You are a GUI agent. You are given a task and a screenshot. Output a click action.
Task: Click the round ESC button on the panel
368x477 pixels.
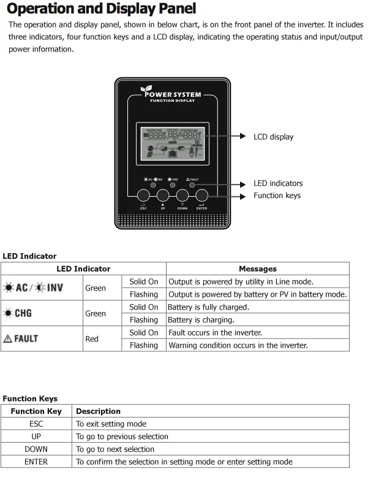coord(143,195)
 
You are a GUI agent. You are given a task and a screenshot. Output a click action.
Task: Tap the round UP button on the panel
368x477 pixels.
coord(163,195)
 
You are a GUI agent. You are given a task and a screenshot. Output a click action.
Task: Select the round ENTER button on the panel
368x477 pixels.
coord(202,195)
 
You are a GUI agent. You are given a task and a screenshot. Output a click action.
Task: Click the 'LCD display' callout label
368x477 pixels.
coord(273,137)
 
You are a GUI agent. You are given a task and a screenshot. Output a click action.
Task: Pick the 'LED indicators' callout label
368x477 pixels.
coord(278,183)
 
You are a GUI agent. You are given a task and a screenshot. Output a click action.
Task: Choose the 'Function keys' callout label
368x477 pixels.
coord(277,196)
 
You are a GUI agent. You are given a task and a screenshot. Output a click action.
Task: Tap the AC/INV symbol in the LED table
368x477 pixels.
coord(34,288)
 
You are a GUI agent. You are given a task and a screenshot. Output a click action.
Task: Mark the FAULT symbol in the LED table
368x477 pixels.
coord(21,338)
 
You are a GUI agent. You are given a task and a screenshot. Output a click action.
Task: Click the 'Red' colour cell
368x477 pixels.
coord(92,338)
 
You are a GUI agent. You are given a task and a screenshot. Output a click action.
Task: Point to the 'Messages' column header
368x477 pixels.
coord(257,269)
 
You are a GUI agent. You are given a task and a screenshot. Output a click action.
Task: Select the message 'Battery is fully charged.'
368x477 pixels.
coord(208,307)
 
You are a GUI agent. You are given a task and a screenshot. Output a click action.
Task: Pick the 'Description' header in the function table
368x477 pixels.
coord(98,411)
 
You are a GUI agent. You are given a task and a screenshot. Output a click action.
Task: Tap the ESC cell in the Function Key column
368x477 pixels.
coord(36,424)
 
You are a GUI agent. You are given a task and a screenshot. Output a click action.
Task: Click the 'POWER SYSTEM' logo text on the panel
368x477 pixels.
coord(172,94)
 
